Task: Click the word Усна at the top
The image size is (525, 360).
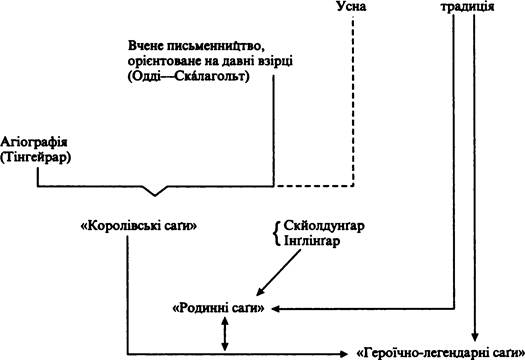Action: [351, 7]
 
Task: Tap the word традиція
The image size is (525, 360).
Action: [467, 7]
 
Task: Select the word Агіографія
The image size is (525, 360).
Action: [34, 143]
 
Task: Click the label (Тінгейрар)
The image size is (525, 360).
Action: [35, 158]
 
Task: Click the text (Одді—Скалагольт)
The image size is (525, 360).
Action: [188, 76]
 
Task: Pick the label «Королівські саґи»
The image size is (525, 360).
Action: [139, 227]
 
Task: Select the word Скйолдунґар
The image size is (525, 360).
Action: [324, 227]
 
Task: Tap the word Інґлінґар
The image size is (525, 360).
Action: [312, 241]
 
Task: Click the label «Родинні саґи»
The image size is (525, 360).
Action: [218, 308]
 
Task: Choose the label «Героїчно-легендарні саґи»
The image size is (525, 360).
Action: [440, 353]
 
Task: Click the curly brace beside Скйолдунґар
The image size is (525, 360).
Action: [277, 234]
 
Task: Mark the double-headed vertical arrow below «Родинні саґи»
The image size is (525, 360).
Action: [225, 334]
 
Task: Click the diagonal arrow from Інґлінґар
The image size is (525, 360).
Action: [279, 273]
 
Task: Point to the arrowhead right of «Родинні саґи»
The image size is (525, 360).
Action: [276, 309]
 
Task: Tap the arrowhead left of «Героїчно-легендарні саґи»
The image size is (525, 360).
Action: [344, 354]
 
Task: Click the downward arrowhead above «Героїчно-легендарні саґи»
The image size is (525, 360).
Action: [474, 337]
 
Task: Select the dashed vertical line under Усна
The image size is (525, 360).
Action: [353, 100]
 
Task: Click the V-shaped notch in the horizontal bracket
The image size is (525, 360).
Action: [155, 191]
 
